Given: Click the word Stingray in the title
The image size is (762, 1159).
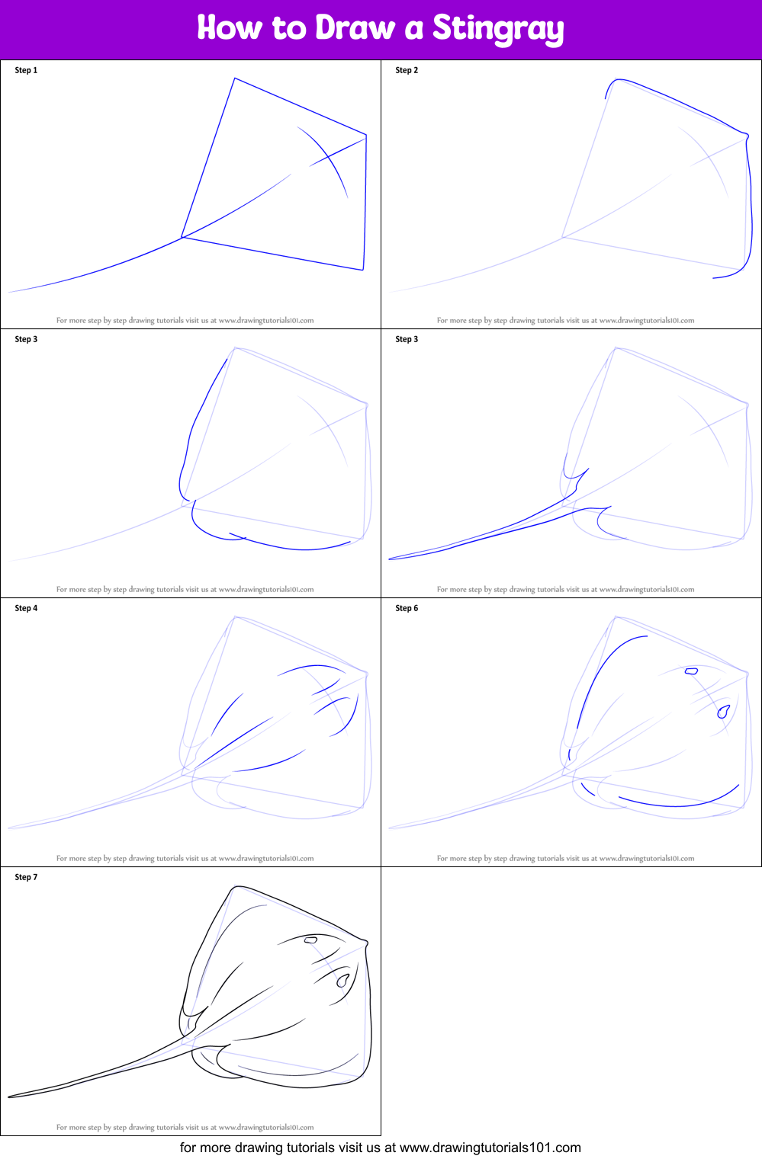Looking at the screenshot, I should [x=498, y=29].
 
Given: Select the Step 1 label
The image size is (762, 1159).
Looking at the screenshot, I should [x=26, y=70].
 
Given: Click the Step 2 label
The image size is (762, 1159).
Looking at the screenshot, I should [x=407, y=70].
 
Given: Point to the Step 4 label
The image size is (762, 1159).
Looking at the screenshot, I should [x=26, y=608].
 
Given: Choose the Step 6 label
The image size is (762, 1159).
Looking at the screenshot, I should [x=407, y=608].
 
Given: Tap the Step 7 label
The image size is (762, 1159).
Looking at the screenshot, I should [x=26, y=877].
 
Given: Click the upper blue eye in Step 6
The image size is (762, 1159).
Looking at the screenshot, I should [x=691, y=671].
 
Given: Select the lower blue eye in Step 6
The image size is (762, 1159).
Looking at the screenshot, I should [x=722, y=712].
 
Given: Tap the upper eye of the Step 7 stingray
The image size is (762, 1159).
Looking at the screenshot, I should [x=310, y=940].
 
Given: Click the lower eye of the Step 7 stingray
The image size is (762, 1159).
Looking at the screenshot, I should [x=342, y=980].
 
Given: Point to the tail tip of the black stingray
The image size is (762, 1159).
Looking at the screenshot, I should [x=10, y=1097].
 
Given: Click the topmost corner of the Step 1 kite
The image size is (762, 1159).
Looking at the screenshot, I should [x=235, y=78].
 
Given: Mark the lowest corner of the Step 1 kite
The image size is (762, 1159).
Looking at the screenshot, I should [x=363, y=270].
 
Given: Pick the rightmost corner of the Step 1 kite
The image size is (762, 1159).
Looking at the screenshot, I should [x=366, y=136].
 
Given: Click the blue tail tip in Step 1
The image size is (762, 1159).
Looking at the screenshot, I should [x=9, y=292].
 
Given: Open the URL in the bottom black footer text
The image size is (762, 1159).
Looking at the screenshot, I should [x=490, y=1148].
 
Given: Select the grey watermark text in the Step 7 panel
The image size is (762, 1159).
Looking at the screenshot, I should [x=185, y=1127].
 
